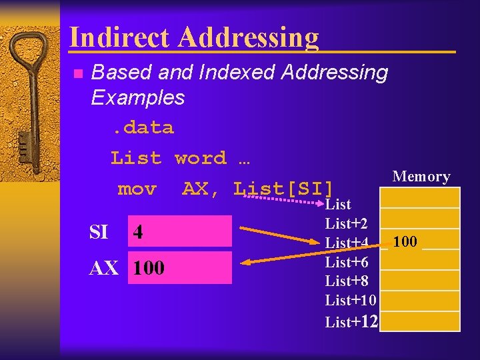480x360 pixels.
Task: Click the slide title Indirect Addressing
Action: point(194,37)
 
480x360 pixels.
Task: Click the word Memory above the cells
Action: point(421,177)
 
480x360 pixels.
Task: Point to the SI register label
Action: point(99,232)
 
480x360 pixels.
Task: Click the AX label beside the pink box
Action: point(105,268)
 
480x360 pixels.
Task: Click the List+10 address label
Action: point(351,301)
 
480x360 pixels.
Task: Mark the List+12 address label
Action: point(352,322)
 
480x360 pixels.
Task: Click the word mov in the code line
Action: point(137,189)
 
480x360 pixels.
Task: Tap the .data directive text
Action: point(141,127)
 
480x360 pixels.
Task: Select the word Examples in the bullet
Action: point(137,98)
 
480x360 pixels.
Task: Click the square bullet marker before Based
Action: point(77,73)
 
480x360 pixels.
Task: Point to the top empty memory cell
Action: point(420,197)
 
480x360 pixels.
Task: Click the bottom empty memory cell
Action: point(420,321)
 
